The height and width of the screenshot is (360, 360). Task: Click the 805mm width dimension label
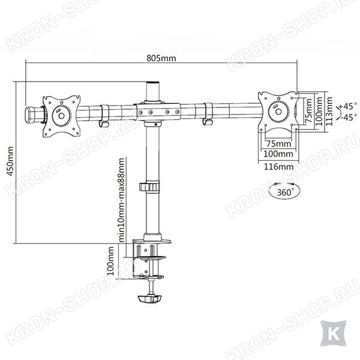161,58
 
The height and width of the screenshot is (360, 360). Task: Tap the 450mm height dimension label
10,161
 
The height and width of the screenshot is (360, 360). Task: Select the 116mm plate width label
278,166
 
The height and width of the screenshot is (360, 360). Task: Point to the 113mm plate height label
329,111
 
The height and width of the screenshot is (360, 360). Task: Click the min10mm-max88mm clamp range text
121,200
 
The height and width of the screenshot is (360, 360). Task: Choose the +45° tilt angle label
348,106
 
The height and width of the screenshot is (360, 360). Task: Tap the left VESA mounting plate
62,116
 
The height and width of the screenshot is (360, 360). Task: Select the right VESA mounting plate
278,112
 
